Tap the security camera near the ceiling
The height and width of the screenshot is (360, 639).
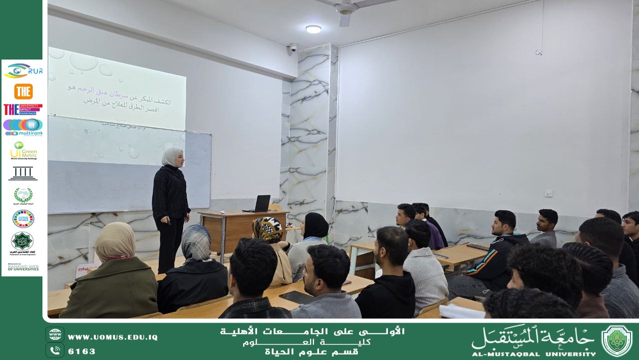point(292,48)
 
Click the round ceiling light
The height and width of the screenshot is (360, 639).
point(314,29)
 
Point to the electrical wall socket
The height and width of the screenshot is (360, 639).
point(548,193)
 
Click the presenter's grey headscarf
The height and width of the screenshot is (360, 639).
point(171,157)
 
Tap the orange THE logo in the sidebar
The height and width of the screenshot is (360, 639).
point(23,91)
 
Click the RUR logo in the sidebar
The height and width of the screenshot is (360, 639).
point(23,71)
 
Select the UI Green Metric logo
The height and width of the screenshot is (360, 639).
point(23,150)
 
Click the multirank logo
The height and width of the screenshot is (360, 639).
point(23,127)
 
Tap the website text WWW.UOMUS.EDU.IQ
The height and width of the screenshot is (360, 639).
point(112,338)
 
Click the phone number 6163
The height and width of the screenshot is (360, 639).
point(81,352)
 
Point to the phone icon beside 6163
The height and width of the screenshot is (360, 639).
point(54,351)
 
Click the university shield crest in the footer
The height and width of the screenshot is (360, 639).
point(617,341)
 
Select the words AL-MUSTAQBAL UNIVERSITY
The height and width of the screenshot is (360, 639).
point(533,354)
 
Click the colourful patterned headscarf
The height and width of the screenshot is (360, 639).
point(267,230)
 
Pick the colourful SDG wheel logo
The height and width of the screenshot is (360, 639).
point(23,219)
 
